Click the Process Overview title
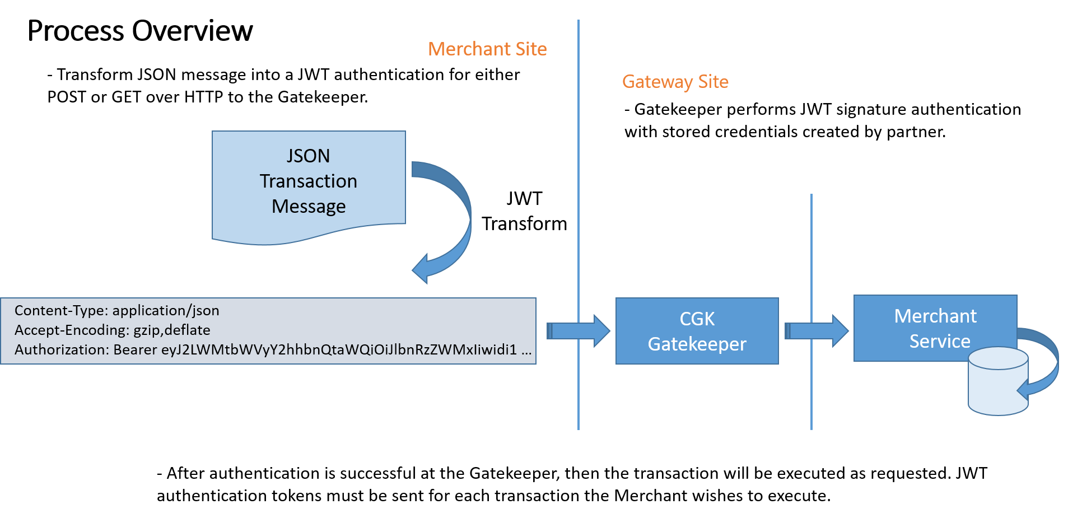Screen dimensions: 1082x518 (140, 31)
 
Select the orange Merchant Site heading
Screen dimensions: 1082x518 (487, 49)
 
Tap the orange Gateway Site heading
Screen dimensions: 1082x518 (675, 82)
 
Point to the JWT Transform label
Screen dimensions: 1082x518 (524, 211)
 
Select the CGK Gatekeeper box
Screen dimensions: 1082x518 (697, 331)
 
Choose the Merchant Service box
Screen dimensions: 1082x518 (935, 328)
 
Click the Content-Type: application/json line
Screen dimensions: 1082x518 (116, 311)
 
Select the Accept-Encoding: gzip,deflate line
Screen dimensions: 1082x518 (112, 330)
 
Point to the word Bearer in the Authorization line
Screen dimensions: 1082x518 (135, 350)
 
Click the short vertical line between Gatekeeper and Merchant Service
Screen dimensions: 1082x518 (811, 252)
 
